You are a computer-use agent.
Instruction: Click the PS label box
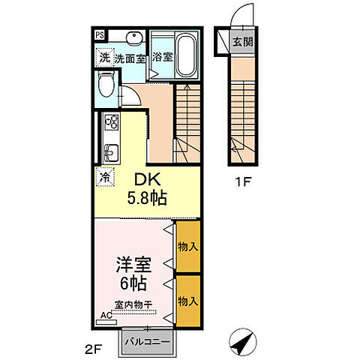click(x=100, y=34)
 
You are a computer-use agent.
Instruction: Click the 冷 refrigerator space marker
click(x=105, y=178)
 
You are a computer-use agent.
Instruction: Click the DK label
click(x=147, y=180)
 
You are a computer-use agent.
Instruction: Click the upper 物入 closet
click(x=187, y=246)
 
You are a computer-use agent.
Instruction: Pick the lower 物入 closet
click(x=187, y=301)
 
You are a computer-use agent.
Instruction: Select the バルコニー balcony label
click(x=148, y=341)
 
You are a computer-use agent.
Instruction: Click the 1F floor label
click(x=239, y=181)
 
